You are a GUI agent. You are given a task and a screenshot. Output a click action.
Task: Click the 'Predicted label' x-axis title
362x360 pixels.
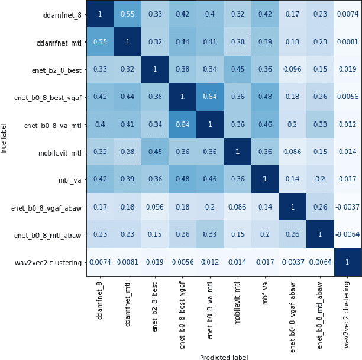[224, 356]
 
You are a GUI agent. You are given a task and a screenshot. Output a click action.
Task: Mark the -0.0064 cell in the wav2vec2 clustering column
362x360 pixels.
[347, 234]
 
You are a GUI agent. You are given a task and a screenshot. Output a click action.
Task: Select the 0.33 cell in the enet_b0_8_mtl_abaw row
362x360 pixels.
[210, 234]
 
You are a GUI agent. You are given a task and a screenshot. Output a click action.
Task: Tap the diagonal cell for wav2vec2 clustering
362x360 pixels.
[347, 262]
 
